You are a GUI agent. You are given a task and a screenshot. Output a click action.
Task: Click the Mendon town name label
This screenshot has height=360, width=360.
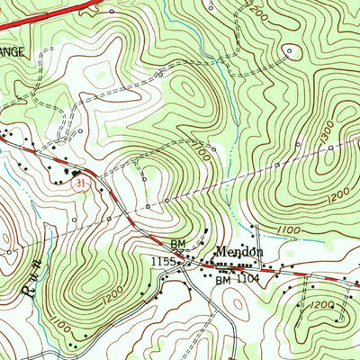(238, 253)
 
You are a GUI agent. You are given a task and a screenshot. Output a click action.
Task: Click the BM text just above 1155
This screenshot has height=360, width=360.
(177, 243)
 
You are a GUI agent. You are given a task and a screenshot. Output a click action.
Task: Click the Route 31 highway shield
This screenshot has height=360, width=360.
(80, 183)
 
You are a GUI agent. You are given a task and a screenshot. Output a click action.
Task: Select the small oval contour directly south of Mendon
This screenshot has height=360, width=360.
(236, 305)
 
